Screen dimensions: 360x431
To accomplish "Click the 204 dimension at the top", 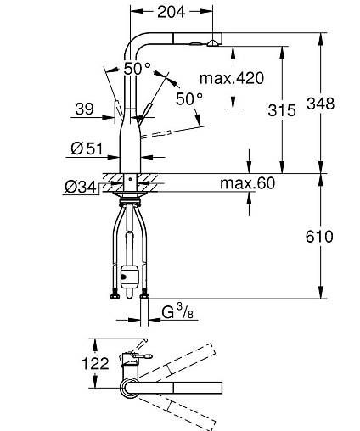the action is point(172,12).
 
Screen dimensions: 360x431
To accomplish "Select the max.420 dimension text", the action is point(232,78).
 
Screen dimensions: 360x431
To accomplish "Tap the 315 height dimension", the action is point(282,110).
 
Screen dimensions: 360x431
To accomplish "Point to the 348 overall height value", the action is point(321,104).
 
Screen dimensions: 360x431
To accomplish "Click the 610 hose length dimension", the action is point(319,237).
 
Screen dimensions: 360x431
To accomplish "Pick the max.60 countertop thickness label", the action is point(247,183).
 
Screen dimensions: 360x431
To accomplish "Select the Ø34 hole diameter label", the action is point(81,187).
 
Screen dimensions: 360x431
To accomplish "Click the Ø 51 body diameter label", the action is point(87,148).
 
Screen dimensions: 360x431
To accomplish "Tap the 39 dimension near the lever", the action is point(84,109).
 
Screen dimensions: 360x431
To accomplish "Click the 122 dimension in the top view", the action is point(95,363).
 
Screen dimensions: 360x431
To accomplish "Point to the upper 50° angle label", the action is point(138,68).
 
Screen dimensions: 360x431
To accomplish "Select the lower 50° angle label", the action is point(189,98).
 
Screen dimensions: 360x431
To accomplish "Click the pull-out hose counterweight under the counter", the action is point(129,277).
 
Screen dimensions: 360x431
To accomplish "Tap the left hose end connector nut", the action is point(115,294).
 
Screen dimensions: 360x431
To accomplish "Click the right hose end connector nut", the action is point(144,294).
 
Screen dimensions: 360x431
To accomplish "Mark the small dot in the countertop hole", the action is point(130,179).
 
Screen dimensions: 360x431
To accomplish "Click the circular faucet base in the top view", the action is point(129,388).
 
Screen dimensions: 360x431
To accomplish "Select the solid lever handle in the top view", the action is point(143,356).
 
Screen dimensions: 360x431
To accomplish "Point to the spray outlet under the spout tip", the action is point(212,43).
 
